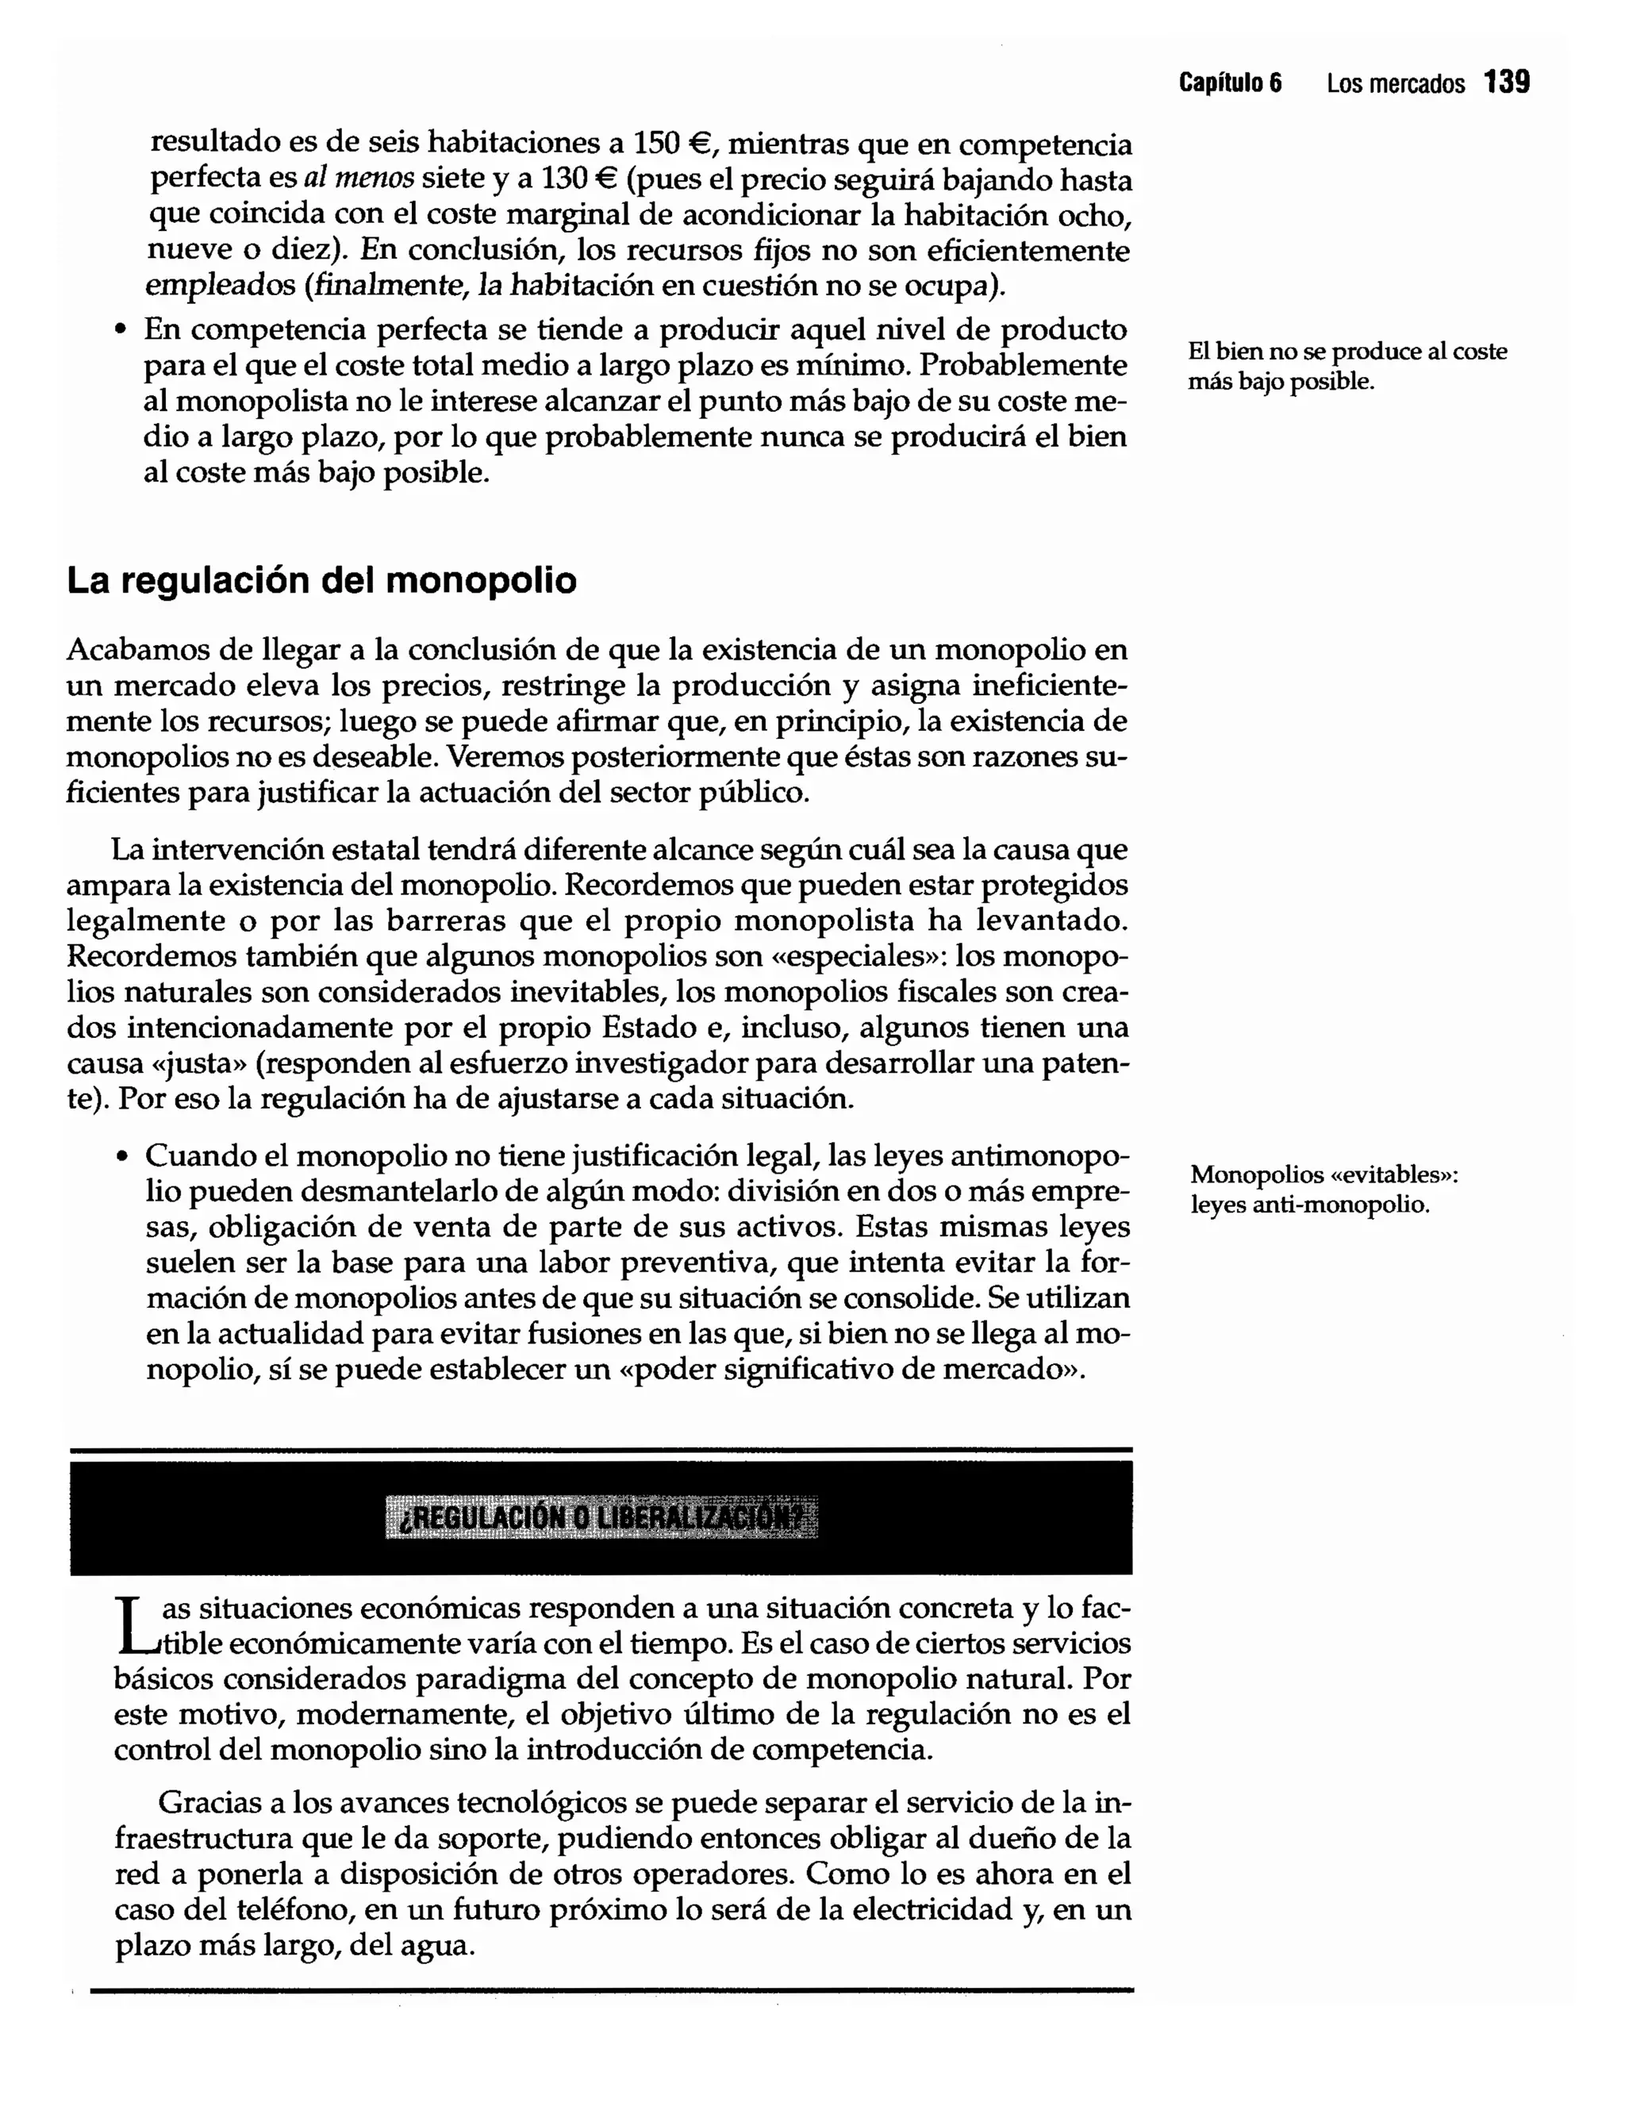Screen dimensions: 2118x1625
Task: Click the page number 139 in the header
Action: pyautogui.click(x=1507, y=83)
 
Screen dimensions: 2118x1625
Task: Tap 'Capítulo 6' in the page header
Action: pyautogui.click(x=1231, y=84)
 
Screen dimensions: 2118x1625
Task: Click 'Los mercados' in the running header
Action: pyautogui.click(x=1395, y=84)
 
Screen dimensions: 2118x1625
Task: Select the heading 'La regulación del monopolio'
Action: pyautogui.click(x=321, y=581)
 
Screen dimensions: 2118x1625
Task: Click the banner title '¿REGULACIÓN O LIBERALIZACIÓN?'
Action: pyautogui.click(x=601, y=1517)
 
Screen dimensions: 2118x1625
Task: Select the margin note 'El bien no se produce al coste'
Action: pyautogui.click(x=1346, y=352)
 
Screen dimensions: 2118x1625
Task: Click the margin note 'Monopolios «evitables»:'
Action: pyautogui.click(x=1323, y=1175)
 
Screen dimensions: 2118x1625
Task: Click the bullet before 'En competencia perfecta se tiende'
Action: pyautogui.click(x=120, y=332)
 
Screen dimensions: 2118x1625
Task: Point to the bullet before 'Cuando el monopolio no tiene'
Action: pyautogui.click(x=121, y=1158)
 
